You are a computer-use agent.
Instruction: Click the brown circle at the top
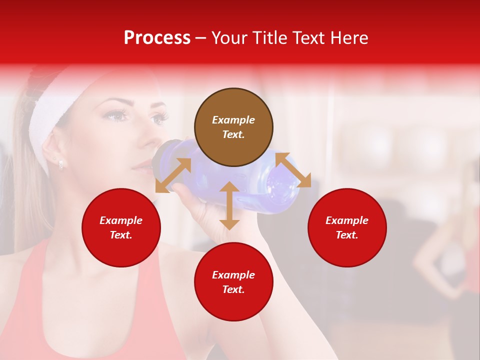233,127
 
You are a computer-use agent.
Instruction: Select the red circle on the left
121,227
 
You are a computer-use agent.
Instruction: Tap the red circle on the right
347,227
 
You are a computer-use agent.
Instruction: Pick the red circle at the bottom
233,282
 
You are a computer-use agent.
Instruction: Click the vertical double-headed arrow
229,205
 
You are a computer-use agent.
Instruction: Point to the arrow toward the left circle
173,175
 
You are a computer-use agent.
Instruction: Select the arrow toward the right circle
293,170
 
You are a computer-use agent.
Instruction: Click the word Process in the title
157,38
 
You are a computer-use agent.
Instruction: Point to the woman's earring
60,163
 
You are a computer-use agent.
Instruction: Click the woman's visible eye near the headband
114,116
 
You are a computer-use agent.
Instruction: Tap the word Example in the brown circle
233,120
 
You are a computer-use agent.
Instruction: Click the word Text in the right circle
347,235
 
